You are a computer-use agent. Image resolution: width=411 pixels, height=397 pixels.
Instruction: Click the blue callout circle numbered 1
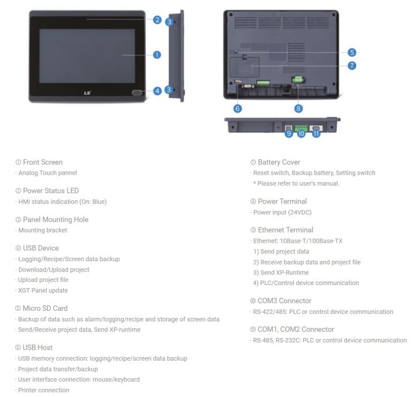click(157, 55)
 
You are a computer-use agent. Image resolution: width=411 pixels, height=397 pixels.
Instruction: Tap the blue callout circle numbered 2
click(157, 20)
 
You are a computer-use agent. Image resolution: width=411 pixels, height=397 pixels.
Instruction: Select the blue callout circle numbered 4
click(157, 91)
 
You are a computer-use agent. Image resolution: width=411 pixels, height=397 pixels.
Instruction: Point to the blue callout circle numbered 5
click(352, 53)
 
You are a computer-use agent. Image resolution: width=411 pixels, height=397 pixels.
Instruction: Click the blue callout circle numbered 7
click(352, 65)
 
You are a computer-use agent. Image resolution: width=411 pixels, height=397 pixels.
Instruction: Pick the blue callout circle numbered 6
click(238, 108)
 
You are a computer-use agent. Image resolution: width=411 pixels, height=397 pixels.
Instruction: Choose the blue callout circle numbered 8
click(298, 108)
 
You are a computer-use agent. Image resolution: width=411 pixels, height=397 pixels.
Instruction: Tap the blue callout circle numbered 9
click(288, 134)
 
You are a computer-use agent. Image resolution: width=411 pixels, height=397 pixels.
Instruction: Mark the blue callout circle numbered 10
click(301, 134)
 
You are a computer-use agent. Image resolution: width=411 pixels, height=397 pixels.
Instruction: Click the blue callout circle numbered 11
click(316, 134)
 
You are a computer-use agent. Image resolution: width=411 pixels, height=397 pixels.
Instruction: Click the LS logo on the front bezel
click(88, 92)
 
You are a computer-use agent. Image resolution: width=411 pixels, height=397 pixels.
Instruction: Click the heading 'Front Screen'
click(42, 162)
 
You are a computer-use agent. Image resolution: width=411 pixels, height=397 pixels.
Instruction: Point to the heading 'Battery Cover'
click(278, 162)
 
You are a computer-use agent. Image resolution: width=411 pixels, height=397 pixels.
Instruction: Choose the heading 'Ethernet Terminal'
click(285, 230)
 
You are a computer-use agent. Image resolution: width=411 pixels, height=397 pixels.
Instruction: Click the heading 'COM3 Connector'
click(284, 301)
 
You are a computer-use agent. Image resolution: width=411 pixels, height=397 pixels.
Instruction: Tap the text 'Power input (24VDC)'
click(282, 212)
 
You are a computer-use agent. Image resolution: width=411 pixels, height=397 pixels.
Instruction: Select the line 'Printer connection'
click(43, 390)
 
